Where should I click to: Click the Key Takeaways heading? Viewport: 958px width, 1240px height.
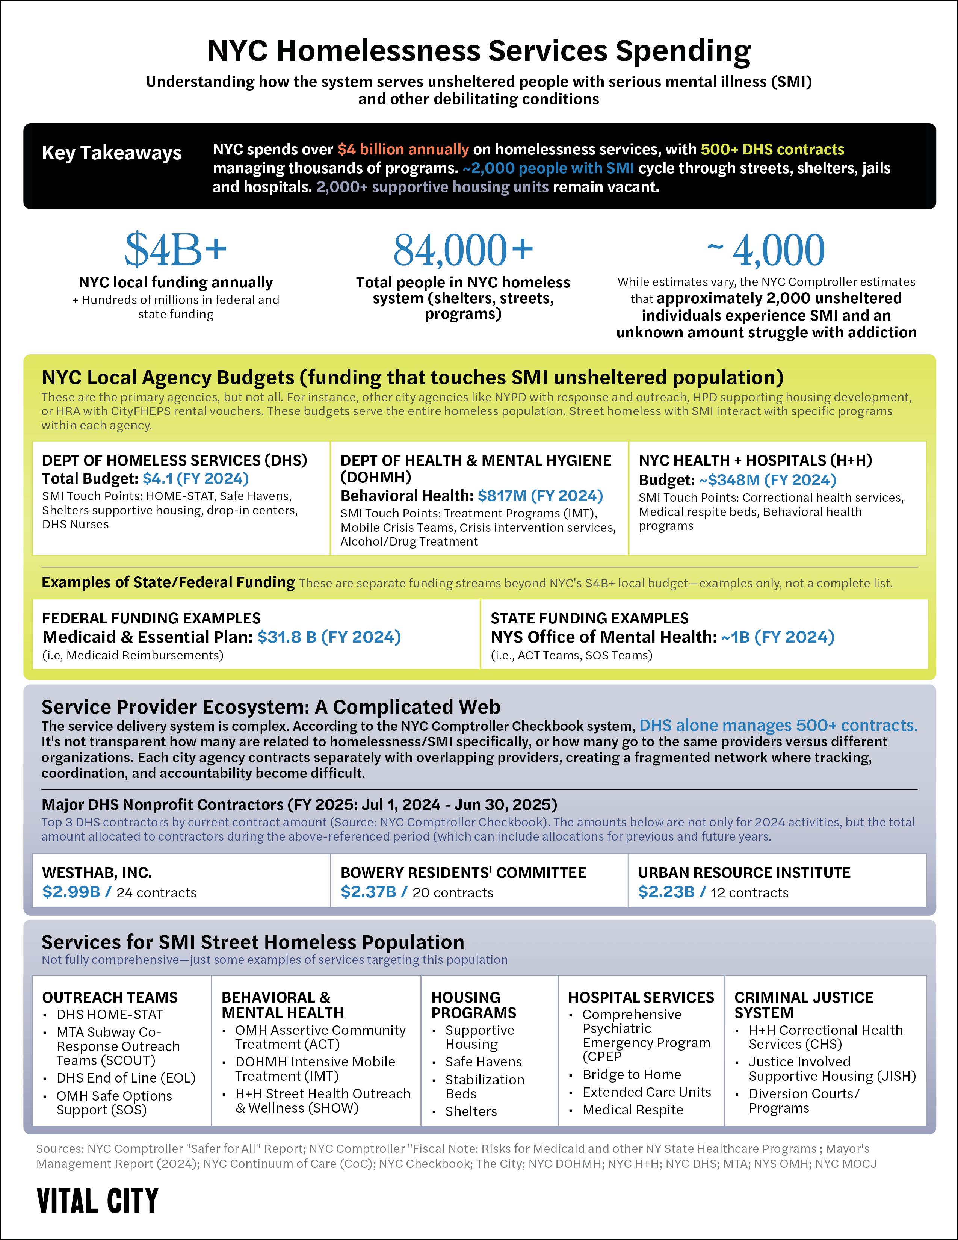point(112,153)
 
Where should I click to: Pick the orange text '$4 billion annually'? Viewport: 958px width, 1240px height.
point(403,149)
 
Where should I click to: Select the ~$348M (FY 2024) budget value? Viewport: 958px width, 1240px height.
point(767,480)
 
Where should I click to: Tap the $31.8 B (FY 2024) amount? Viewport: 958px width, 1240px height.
point(329,637)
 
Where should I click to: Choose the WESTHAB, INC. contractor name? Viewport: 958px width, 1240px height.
point(97,873)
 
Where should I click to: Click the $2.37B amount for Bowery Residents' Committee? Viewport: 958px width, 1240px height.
point(368,892)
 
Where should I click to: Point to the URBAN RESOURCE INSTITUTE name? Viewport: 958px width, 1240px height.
point(744,873)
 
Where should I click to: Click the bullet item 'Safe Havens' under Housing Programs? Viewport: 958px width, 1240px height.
point(483,1062)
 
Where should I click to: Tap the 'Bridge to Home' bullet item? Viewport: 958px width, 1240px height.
point(631,1074)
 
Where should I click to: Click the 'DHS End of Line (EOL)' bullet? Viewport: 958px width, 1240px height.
point(125,1078)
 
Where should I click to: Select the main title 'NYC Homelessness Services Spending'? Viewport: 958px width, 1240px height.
point(479,51)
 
